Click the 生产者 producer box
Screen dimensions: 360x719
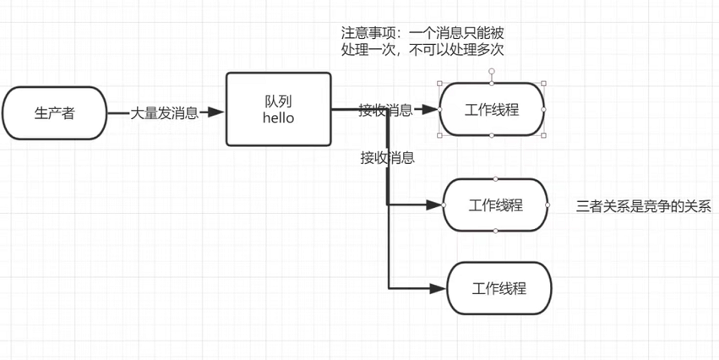[x=54, y=112]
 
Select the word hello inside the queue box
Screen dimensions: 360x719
[x=278, y=118]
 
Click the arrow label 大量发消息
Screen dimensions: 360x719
[x=164, y=112]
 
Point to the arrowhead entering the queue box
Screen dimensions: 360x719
[x=217, y=112]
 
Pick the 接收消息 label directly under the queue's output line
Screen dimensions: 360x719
[x=387, y=157]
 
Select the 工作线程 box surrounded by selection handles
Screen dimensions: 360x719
[x=492, y=110]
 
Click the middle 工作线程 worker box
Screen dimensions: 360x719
[x=495, y=205]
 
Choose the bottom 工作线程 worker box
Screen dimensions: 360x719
[x=498, y=288]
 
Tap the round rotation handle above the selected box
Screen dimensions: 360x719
[x=492, y=71]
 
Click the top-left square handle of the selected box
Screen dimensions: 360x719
[x=440, y=84]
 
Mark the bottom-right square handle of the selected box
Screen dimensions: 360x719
[x=543, y=135]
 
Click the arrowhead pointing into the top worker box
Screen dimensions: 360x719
[x=433, y=110]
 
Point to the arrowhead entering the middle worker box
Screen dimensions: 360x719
[x=436, y=205]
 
